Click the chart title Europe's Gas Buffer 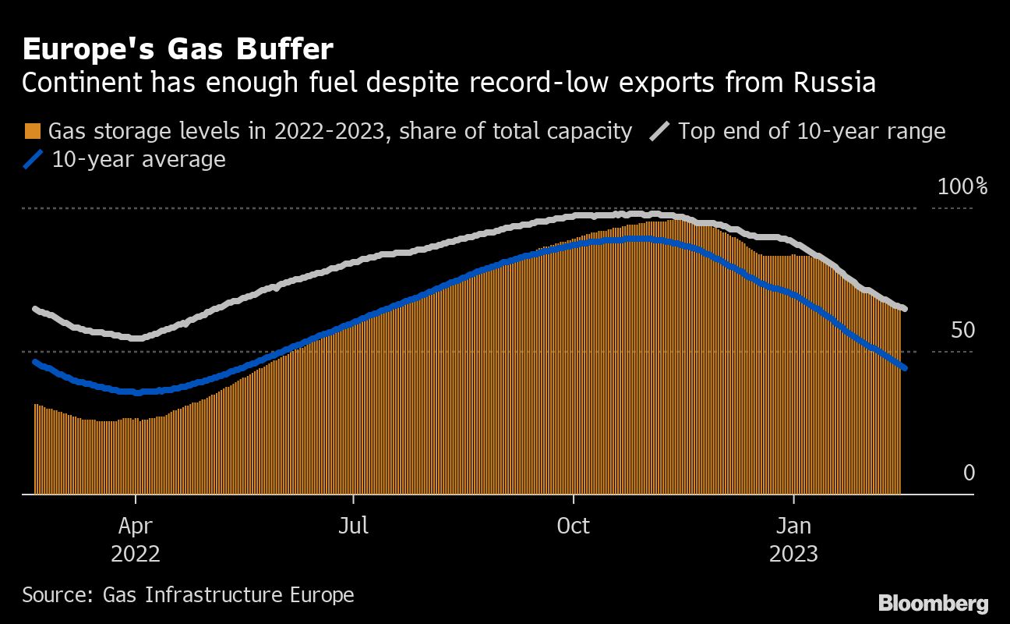pos(178,50)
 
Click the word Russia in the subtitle pos(835,83)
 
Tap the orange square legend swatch pos(33,130)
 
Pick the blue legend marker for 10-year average pos(33,160)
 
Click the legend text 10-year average pos(138,160)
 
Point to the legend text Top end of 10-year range pos(811,130)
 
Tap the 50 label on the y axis pos(962,330)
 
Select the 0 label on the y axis pos(969,473)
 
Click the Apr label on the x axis pos(136,526)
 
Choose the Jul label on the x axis pos(354,526)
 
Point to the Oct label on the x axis pos(574,526)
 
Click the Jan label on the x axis pos(793,526)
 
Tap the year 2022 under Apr pos(136,554)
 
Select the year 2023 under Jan pos(793,554)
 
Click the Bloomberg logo pos(933,603)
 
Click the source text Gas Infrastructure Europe pos(228,595)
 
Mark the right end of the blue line pos(904,368)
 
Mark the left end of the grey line pos(34,309)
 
